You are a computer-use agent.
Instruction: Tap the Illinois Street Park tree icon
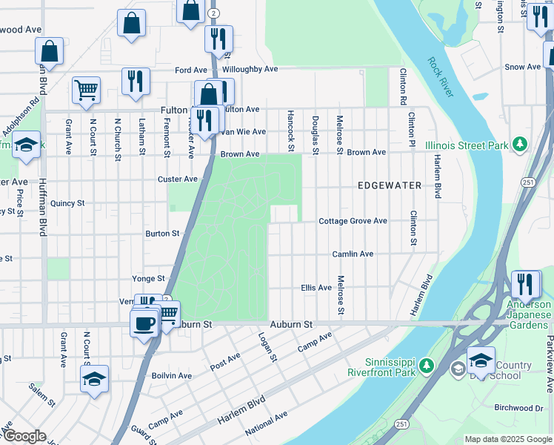[x=521, y=144]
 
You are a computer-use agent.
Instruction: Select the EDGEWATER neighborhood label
[x=390, y=185]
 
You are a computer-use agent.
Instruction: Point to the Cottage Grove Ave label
[x=353, y=221]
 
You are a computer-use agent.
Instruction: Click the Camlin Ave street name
[x=353, y=254]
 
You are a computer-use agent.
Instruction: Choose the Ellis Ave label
[x=316, y=287]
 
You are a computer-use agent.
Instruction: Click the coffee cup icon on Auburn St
[x=144, y=323]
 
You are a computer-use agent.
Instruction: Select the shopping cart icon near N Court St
[x=86, y=90]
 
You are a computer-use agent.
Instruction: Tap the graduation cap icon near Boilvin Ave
[x=94, y=379]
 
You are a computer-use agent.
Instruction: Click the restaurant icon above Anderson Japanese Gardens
[x=525, y=284]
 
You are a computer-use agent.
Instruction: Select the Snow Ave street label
[x=523, y=67]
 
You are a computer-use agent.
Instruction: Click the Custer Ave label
[x=178, y=179]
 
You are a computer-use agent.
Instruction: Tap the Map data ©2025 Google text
[x=508, y=439]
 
